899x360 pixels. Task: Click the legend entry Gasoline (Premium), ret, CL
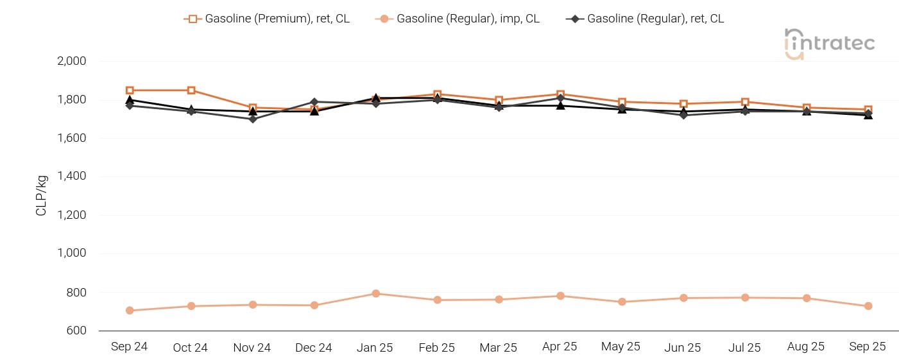(267, 19)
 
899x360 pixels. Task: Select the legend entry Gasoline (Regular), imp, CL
(458, 19)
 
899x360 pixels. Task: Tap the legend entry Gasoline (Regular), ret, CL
(645, 19)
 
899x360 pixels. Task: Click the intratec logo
(829, 44)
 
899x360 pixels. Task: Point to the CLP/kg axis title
(42, 196)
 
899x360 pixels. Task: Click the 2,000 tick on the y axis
(72, 62)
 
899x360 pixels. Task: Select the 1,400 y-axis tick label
(72, 176)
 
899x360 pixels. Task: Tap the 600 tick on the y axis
(77, 330)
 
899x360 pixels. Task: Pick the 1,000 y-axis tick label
(72, 253)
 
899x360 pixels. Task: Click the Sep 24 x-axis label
(129, 347)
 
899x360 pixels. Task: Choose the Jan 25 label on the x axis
(375, 347)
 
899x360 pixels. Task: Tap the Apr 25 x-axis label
(560, 347)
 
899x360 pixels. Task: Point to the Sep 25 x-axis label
(868, 347)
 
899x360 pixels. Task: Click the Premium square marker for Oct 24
(191, 90)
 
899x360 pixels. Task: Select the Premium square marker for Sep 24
(130, 90)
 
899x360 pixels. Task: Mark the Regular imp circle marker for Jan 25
(376, 294)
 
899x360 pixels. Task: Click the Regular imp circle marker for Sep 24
(130, 311)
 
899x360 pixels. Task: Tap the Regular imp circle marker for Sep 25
(868, 306)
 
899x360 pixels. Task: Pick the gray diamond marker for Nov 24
(253, 119)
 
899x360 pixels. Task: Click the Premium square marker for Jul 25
(745, 102)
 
